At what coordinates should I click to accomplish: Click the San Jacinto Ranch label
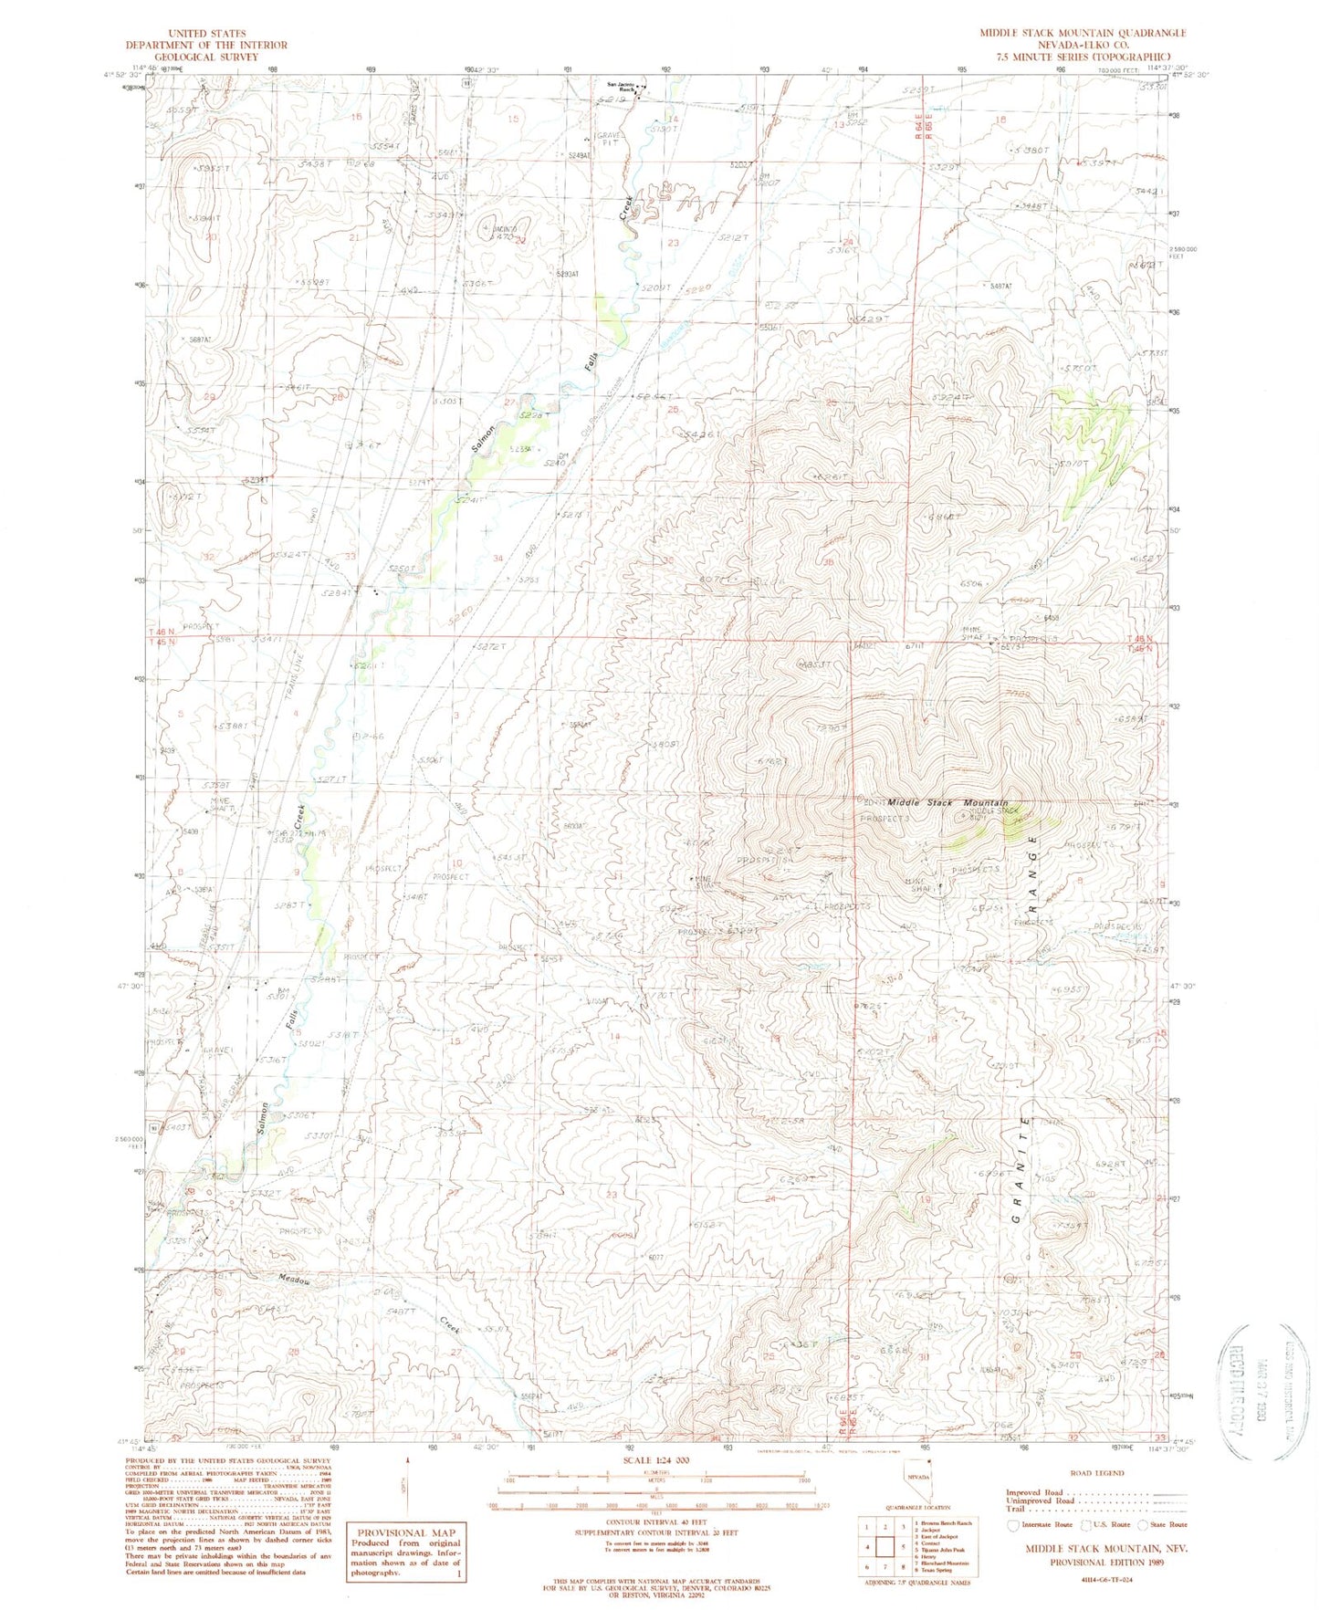(620, 88)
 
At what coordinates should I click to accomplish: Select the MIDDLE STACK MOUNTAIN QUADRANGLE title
(1083, 32)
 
